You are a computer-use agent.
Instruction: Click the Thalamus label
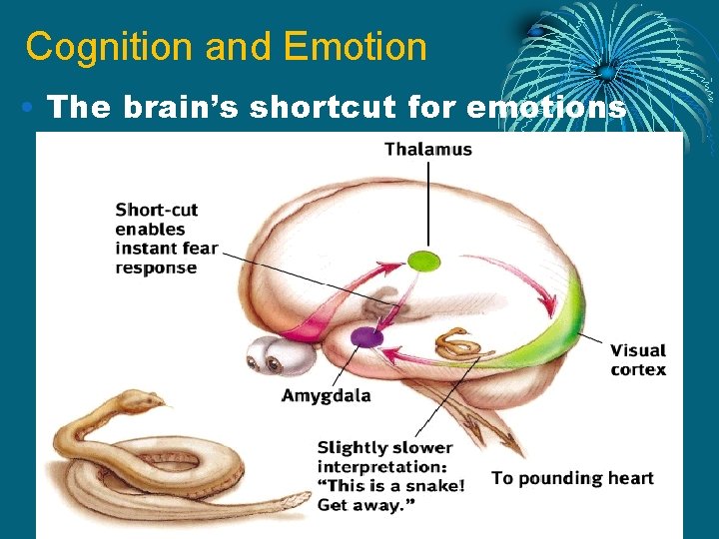428,150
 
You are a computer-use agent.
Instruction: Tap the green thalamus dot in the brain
423,262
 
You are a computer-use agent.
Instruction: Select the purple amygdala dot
366,337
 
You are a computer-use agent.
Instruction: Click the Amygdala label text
326,395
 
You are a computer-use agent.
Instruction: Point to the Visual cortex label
638,359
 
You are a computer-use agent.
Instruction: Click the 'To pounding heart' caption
572,478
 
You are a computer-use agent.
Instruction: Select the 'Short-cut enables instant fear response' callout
166,239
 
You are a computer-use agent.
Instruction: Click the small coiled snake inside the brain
462,344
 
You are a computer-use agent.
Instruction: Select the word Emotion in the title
355,47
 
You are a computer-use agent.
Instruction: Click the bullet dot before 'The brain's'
32,106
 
